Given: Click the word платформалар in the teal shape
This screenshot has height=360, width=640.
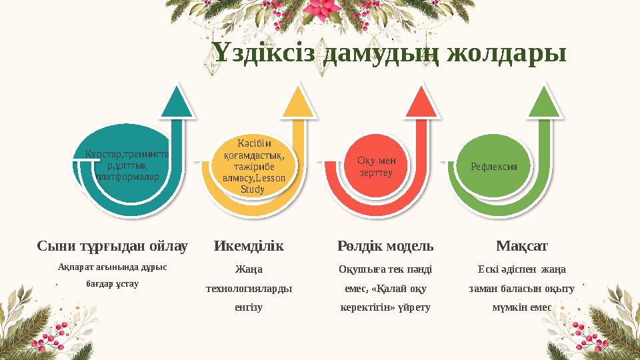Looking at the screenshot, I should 126,178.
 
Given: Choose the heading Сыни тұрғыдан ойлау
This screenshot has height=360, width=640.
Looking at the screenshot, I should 112,247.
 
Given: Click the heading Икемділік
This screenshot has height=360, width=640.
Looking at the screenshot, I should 249,247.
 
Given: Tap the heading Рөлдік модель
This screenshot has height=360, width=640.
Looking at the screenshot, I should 386,247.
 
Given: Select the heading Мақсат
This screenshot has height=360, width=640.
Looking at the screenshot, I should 522,247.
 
